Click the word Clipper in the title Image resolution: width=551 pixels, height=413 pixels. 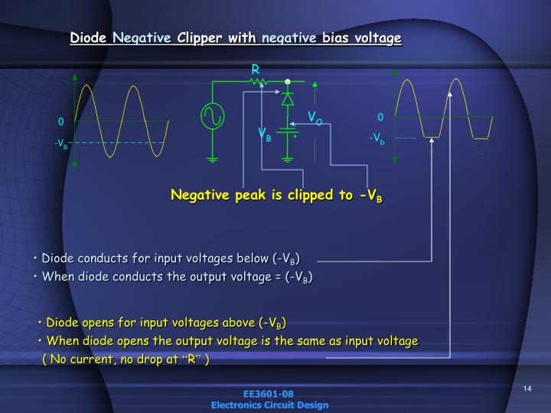[x=199, y=37]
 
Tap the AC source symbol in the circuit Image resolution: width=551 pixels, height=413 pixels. [x=212, y=115]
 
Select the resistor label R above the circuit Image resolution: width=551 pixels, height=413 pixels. [x=256, y=70]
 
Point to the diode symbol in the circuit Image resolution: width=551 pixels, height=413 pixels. [x=288, y=98]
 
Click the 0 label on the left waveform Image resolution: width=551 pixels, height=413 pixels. [x=60, y=122]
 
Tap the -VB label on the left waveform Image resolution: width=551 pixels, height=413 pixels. [x=61, y=143]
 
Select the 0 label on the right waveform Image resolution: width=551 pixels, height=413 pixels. [x=380, y=117]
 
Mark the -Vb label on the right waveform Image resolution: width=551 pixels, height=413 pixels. [x=377, y=138]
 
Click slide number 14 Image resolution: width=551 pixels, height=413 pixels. [x=527, y=389]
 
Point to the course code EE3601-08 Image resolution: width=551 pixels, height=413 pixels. [x=269, y=395]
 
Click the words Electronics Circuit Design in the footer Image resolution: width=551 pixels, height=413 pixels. [x=269, y=405]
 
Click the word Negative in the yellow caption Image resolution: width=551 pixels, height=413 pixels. [x=199, y=195]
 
